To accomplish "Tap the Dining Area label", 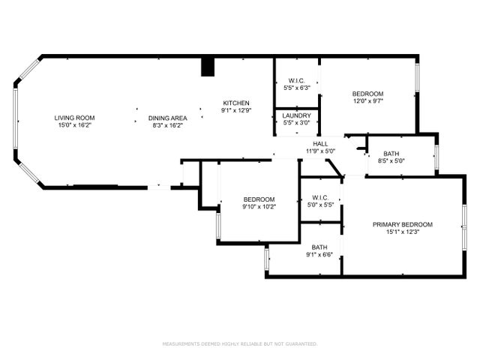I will coord(167,118).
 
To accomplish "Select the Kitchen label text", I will coord(235,103).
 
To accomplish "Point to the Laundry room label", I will coord(297,115).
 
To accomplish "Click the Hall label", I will coord(320,143).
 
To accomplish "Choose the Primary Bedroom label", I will coord(403,224).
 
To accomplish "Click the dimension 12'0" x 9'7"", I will coord(368,101).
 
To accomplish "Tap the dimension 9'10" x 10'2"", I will coord(259,207).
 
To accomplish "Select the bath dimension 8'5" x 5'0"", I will coord(390,160).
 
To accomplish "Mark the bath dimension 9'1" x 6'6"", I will coord(320,255).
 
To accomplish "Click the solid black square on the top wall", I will coord(208,67).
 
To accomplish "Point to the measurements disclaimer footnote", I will coord(240,344).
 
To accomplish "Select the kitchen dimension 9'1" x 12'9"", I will coord(235,110).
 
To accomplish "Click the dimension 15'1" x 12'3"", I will coord(403,232).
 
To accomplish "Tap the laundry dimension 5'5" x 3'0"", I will coord(297,123).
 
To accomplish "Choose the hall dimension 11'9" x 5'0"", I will coord(320,151).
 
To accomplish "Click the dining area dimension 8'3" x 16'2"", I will coord(167,125).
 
